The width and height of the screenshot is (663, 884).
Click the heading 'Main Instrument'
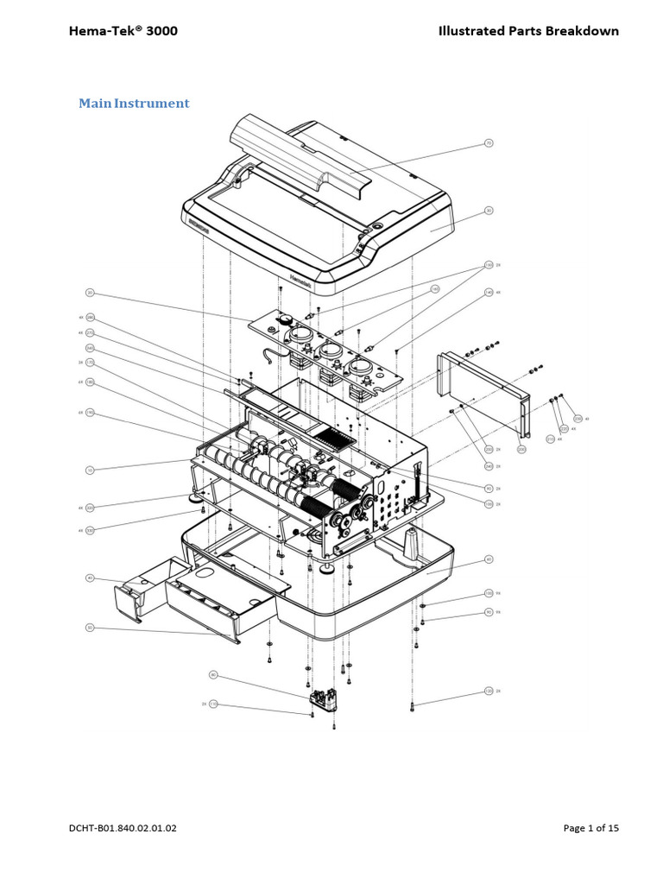point(134,104)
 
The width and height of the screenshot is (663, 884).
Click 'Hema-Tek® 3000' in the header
point(123,31)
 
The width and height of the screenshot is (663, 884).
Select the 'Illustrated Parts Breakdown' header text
point(528,31)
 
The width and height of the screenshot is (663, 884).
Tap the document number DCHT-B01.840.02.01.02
point(123,828)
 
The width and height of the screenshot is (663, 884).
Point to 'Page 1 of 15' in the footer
point(590,828)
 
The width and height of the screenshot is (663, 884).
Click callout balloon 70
point(488,142)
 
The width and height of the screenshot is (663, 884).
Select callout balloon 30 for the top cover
point(488,210)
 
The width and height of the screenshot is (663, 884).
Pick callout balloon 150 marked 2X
point(488,265)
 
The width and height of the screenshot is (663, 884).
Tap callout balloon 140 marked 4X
point(488,293)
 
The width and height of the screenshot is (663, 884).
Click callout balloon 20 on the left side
point(89,293)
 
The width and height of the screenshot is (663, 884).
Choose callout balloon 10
point(89,470)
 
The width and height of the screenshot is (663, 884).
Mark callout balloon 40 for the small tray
point(89,578)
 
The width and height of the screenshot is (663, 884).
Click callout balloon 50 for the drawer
point(89,628)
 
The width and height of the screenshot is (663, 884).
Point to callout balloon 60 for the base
point(488,559)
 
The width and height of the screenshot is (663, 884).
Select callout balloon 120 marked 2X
point(488,691)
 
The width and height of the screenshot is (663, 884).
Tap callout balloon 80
point(213,674)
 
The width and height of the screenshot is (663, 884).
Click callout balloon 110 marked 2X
point(213,704)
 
